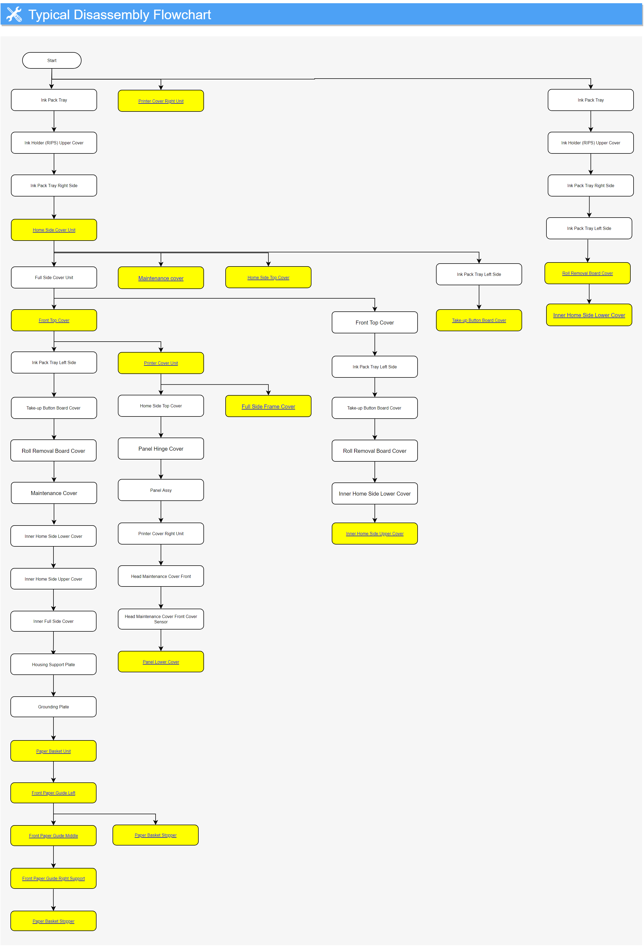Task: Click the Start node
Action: [x=52, y=60]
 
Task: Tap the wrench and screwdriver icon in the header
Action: [x=14, y=15]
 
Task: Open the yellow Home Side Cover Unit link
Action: [x=54, y=230]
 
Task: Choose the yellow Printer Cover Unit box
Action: [x=161, y=363]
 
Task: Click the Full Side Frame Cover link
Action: [x=268, y=407]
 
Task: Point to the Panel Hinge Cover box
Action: [x=161, y=449]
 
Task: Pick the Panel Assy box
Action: [x=161, y=490]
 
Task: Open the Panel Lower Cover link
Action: [x=161, y=662]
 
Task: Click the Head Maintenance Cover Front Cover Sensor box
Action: [x=161, y=619]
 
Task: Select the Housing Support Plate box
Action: [x=53, y=664]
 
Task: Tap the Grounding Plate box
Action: [x=53, y=707]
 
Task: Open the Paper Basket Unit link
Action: [x=53, y=751]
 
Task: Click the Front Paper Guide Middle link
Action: [x=53, y=836]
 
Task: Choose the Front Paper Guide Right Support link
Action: [x=53, y=878]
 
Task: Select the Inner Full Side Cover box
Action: [x=53, y=621]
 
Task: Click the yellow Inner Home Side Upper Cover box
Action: [x=375, y=534]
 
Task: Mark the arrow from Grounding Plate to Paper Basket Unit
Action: [x=53, y=729]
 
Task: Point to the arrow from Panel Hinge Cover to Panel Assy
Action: [x=161, y=469]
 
